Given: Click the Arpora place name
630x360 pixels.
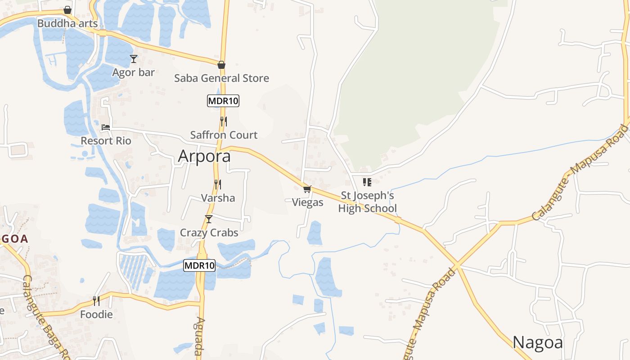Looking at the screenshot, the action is (204, 156).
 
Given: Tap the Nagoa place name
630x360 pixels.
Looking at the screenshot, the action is (538, 342).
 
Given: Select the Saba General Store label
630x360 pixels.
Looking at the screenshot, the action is (221, 78).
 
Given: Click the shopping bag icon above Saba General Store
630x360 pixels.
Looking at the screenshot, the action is (221, 65).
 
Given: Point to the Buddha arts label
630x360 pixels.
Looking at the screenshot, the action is (67, 23).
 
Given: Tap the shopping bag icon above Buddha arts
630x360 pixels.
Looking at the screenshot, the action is (67, 10).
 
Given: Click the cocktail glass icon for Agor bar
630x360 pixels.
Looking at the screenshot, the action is (133, 59).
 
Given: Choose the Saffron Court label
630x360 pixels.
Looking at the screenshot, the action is (224, 135).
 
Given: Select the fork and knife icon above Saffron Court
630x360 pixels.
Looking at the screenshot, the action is (223, 121).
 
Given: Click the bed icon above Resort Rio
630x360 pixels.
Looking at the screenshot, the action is (106, 127).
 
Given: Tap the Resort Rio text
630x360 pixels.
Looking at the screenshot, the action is (106, 141).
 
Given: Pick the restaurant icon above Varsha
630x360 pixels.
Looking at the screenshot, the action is (218, 184).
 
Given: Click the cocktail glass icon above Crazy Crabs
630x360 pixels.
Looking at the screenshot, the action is (209, 219).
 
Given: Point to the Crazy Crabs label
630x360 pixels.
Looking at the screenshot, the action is (209, 233).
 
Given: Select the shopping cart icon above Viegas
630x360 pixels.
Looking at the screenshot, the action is (307, 189).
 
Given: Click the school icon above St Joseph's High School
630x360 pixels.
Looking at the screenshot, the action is (367, 182).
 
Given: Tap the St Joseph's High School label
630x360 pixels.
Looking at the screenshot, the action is (368, 202).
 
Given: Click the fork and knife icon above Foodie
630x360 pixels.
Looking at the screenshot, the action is (96, 301).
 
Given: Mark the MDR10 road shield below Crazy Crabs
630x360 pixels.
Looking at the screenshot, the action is (199, 265).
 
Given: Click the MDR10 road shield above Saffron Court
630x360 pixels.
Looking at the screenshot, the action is (223, 101).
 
